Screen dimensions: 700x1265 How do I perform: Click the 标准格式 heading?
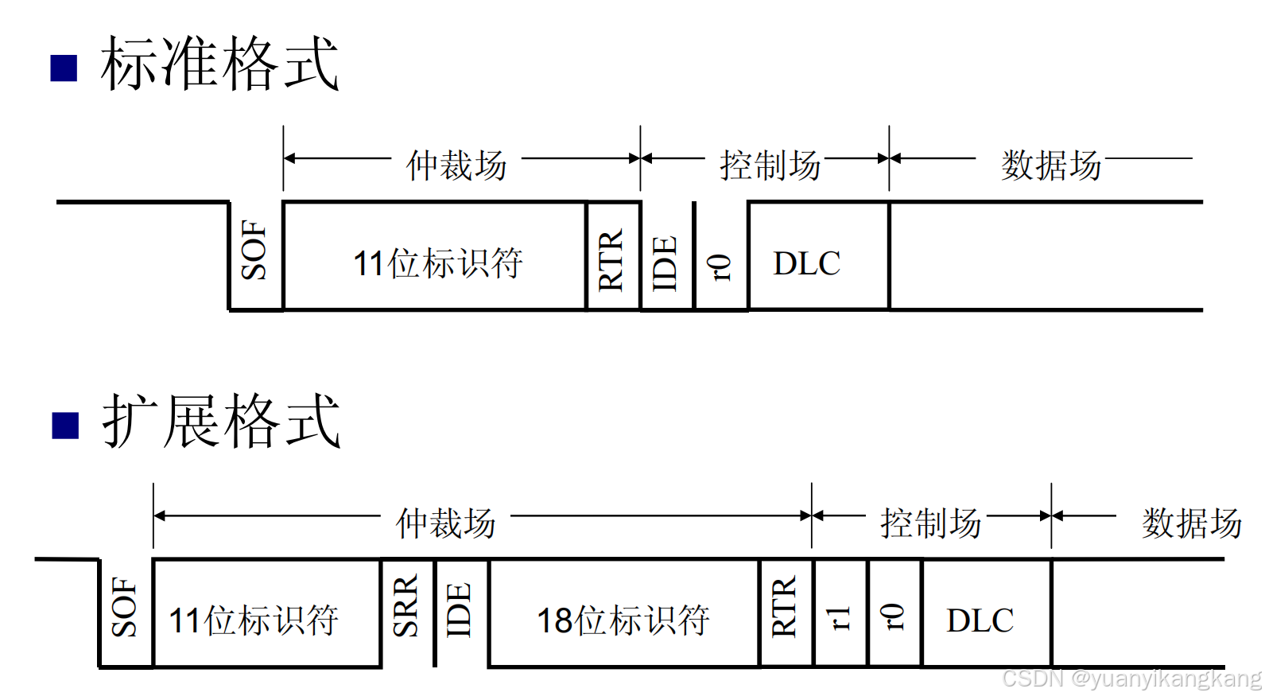pyautogui.click(x=219, y=64)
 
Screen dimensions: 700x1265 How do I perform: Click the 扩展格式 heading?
pyautogui.click(x=221, y=422)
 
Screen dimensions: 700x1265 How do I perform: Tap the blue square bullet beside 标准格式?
pyautogui.click(x=64, y=68)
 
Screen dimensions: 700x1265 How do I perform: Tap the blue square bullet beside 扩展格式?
pyautogui.click(x=65, y=426)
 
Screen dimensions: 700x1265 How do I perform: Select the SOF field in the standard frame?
pyautogui.click(x=255, y=251)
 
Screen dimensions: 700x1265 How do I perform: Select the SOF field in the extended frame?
pyautogui.click(x=126, y=609)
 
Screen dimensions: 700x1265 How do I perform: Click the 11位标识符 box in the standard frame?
pyautogui.click(x=437, y=263)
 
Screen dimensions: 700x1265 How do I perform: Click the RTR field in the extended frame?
pyautogui.click(x=785, y=609)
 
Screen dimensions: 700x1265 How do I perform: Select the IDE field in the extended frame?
pyautogui.click(x=460, y=611)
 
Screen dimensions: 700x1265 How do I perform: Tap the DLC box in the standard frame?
pyautogui.click(x=807, y=263)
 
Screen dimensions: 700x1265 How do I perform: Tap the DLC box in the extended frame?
pyautogui.click(x=980, y=620)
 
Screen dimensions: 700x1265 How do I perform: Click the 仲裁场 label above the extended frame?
pyautogui.click(x=446, y=523)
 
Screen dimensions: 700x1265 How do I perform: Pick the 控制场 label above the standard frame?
pyautogui.click(x=770, y=165)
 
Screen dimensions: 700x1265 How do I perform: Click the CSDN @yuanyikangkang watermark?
pyautogui.click(x=1131, y=679)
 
